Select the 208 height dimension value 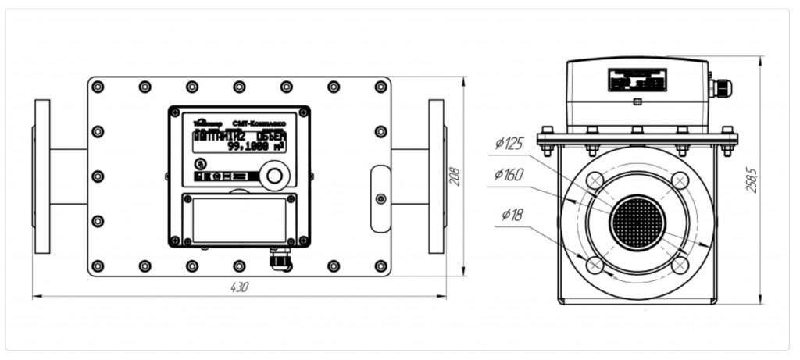point(455,176)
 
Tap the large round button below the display point(273,175)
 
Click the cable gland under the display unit point(278,258)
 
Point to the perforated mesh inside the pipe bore point(637,219)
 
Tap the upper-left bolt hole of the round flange point(595,181)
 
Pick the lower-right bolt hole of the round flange point(680,265)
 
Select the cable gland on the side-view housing point(720,87)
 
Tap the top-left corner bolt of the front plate point(98,86)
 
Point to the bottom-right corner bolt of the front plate point(380,266)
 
